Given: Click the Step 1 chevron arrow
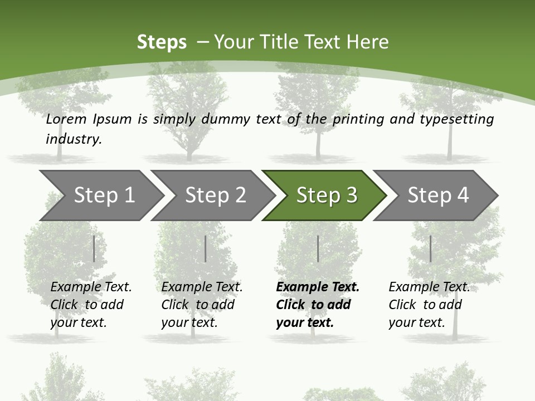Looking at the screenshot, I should pyautogui.click(x=104, y=195).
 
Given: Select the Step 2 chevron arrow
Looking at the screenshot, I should pyautogui.click(x=215, y=195).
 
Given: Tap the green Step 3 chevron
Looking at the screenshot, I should pyautogui.click(x=326, y=195).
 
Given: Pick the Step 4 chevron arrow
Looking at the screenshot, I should pyautogui.click(x=437, y=195).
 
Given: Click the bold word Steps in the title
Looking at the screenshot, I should pyautogui.click(x=162, y=42).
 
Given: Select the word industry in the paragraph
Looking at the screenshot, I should pyautogui.click(x=73, y=139).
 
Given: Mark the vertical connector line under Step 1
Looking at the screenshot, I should pyautogui.click(x=94, y=248).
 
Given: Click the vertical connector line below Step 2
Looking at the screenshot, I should pyautogui.click(x=205, y=248).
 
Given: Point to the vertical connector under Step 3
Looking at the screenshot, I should pyautogui.click(x=318, y=248).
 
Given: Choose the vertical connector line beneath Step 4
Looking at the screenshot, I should pyautogui.click(x=430, y=248).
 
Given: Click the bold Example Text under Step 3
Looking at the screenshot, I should pyautogui.click(x=318, y=287).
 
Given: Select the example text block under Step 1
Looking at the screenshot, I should pyautogui.click(x=90, y=305).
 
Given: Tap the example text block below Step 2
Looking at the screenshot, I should pyautogui.click(x=201, y=305).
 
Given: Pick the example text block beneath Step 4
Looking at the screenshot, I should pyautogui.click(x=429, y=305).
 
